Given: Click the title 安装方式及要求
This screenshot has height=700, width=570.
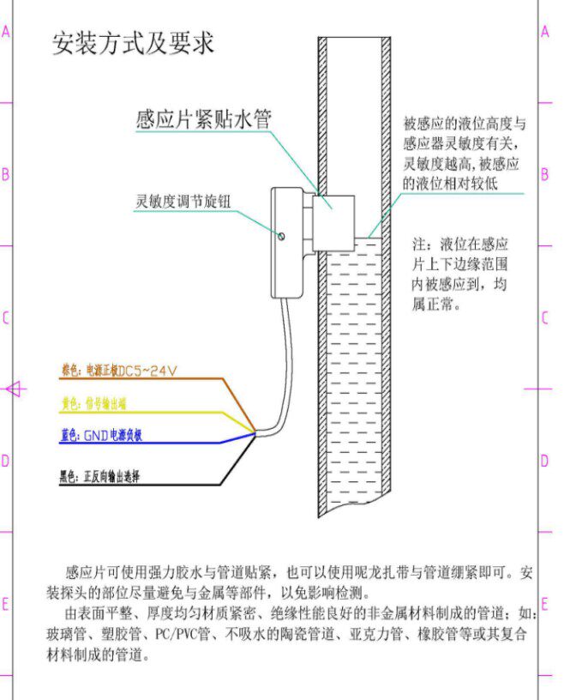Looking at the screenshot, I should coord(133,43).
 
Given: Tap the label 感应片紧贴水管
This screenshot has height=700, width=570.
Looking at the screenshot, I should coord(203,118).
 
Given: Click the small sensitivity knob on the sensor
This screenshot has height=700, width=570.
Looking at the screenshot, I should coord(281,232).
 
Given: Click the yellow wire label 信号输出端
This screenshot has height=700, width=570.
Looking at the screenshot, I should coord(99,403).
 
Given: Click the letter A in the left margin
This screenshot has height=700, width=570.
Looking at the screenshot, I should coord(5,32).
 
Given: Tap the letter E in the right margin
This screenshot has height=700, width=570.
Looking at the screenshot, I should coord(544,603).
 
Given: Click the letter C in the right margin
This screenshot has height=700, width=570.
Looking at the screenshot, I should coord(544,318).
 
